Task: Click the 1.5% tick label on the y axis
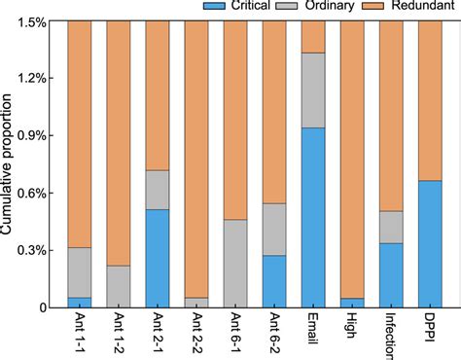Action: (38, 20)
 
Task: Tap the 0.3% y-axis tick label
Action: (38, 250)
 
